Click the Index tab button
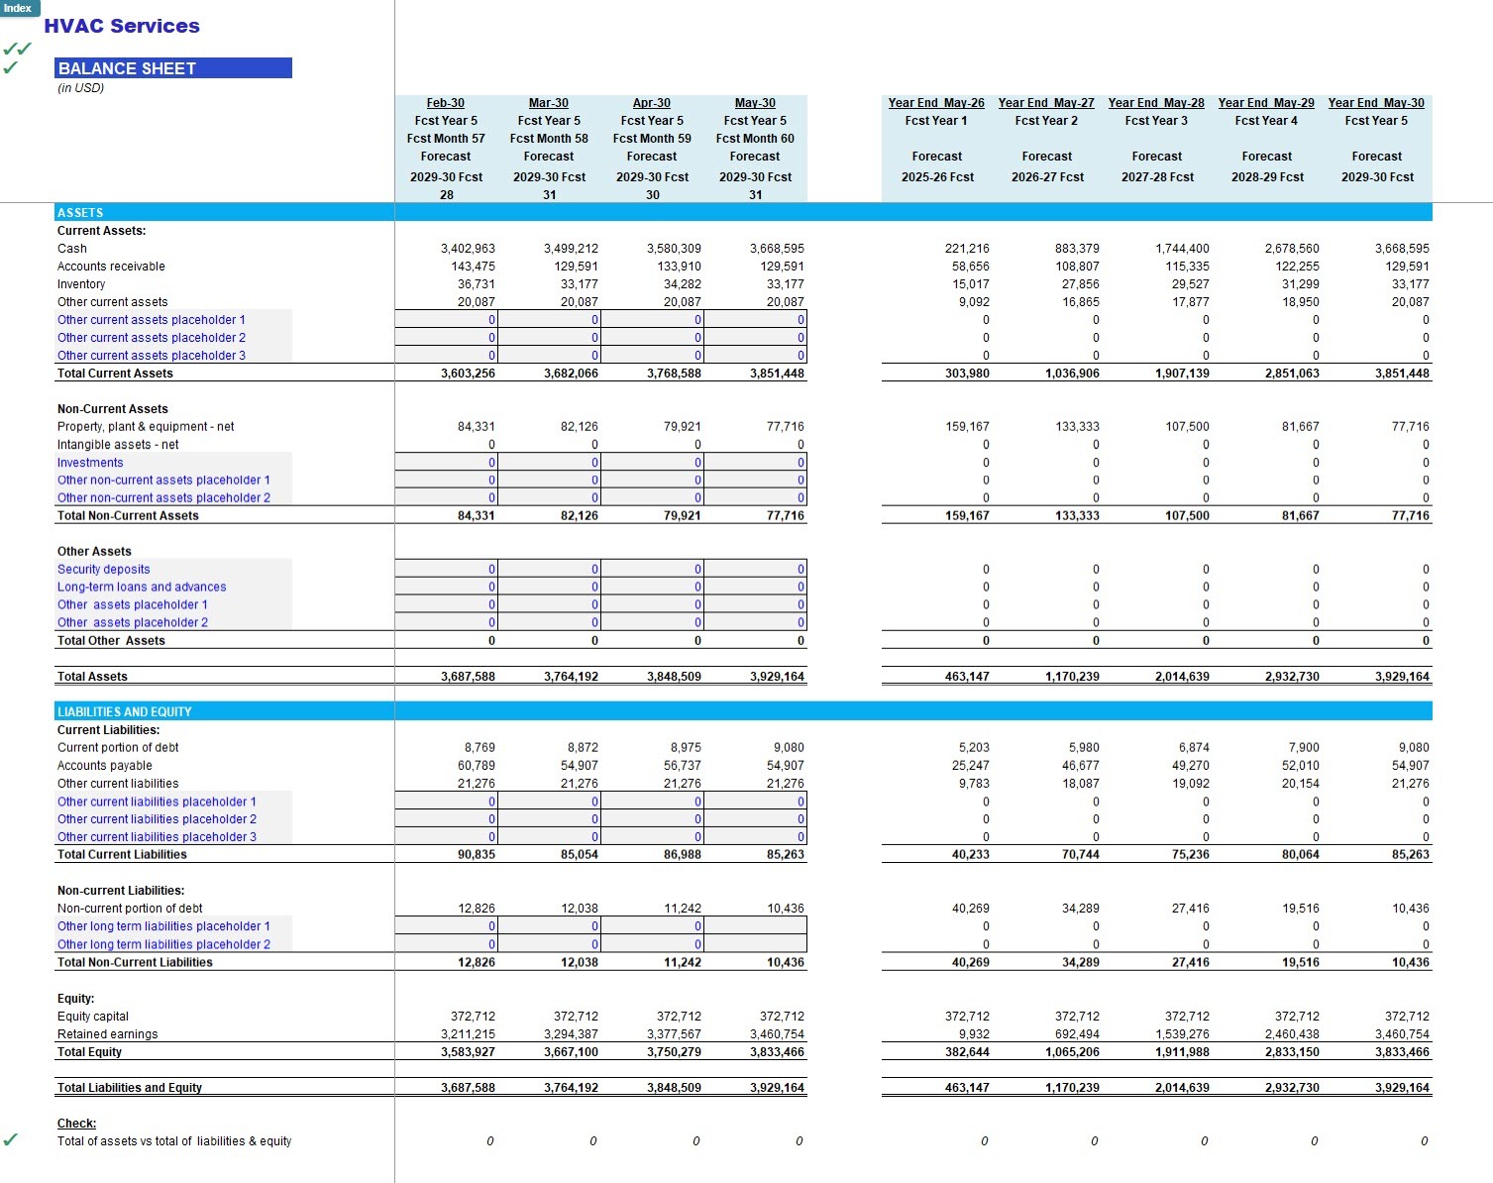click(x=19, y=8)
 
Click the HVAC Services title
click(x=122, y=27)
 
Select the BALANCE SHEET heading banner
click(x=173, y=68)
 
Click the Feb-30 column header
click(x=446, y=103)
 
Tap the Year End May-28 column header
click(x=1156, y=103)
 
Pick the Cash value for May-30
click(x=777, y=249)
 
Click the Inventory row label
click(x=81, y=284)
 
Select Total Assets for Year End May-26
click(x=967, y=677)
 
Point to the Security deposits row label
click(x=104, y=570)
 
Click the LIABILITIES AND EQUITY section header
click(x=125, y=711)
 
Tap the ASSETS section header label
click(x=80, y=213)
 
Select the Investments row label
click(x=90, y=463)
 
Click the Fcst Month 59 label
click(x=652, y=139)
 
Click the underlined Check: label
click(x=76, y=1124)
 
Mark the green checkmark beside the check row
click(x=10, y=1140)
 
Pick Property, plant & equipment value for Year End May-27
click(x=1077, y=427)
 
